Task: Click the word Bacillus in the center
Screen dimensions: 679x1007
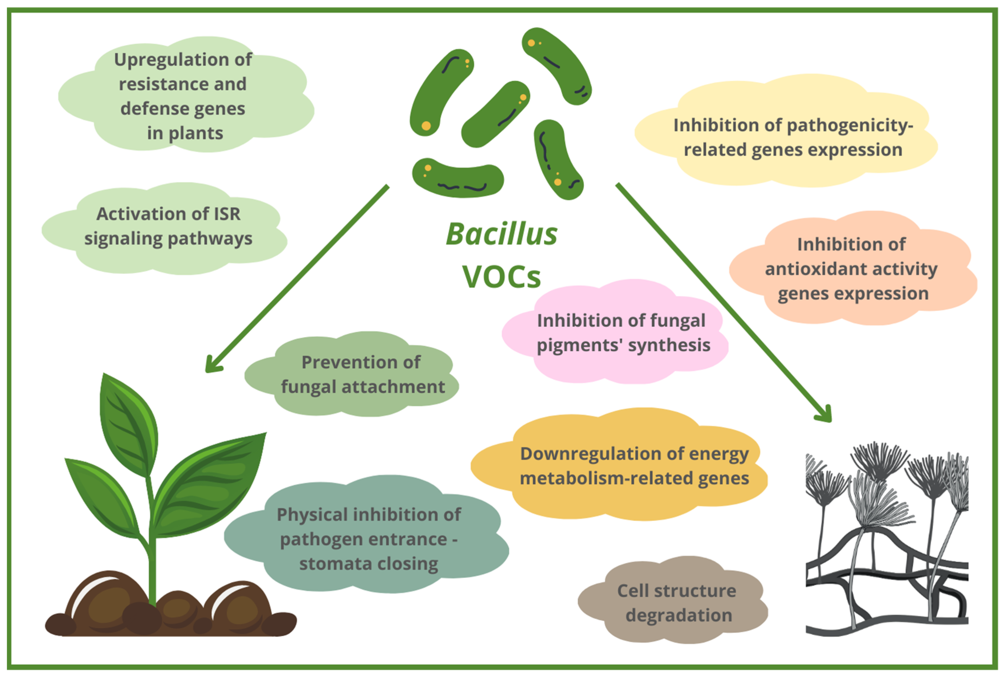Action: point(502,234)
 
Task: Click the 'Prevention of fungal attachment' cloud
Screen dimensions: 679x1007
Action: point(362,375)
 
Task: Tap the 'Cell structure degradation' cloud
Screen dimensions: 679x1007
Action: point(677,603)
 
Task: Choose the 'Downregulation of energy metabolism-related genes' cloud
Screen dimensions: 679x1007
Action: point(634,466)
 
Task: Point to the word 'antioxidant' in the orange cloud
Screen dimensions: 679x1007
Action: point(808,269)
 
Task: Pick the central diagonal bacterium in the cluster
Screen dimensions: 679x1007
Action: point(496,114)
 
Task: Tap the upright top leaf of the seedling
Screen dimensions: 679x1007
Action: point(130,424)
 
